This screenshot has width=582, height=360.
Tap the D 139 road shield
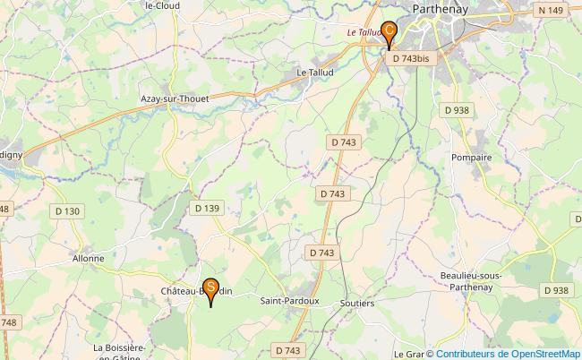[207, 209]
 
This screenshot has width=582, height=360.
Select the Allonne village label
[88, 258]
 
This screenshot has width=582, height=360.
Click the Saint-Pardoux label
[289, 301]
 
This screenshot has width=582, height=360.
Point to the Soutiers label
[357, 304]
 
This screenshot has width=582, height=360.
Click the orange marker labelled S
[210, 288]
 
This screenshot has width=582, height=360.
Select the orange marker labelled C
[389, 30]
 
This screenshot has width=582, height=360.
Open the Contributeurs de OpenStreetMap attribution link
[509, 353]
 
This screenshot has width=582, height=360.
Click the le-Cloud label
[163, 4]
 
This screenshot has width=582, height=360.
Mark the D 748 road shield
[7, 322]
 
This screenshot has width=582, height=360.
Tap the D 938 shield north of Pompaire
[457, 109]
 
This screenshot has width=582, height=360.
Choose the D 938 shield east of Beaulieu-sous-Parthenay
[555, 290]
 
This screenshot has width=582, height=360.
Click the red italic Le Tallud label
[364, 33]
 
